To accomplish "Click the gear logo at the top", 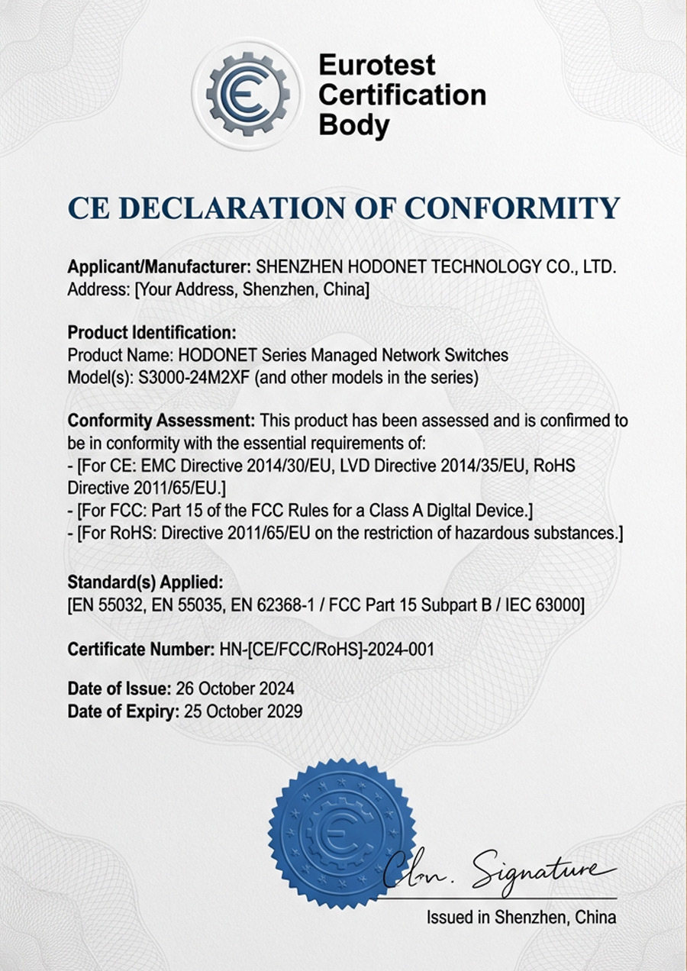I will pyautogui.click(x=247, y=94).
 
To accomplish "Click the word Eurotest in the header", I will pyautogui.click(x=376, y=64).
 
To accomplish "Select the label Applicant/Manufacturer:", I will pyautogui.click(x=160, y=267).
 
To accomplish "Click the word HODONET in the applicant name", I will pyautogui.click(x=389, y=267).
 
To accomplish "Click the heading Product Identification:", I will pyautogui.click(x=152, y=333).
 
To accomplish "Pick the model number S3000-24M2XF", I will pyautogui.click(x=194, y=377).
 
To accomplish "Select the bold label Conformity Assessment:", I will pyautogui.click(x=162, y=421).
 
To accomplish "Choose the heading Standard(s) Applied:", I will pyautogui.click(x=145, y=583).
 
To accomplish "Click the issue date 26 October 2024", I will pyautogui.click(x=235, y=688).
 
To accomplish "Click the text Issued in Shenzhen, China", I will pyautogui.click(x=521, y=917).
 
